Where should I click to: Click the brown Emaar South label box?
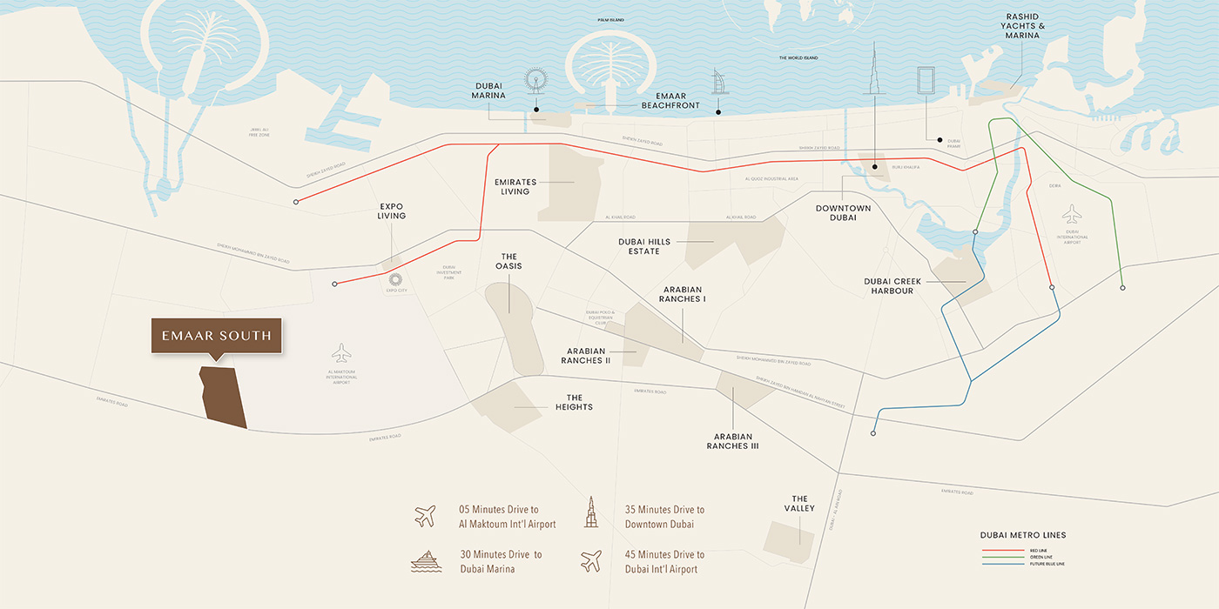coord(216,336)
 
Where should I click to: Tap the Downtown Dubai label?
coord(843,213)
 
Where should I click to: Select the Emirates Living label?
coord(515,186)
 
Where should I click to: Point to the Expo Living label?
coord(392,211)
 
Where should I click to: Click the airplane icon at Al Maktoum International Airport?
coord(341,353)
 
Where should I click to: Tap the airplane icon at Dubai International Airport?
coord(1072,214)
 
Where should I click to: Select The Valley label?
coord(799,503)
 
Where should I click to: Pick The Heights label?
coord(574,402)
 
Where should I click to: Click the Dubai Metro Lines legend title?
coord(1022,535)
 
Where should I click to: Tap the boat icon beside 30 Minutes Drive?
coord(426,561)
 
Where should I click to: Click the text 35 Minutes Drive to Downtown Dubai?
coord(664,517)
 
